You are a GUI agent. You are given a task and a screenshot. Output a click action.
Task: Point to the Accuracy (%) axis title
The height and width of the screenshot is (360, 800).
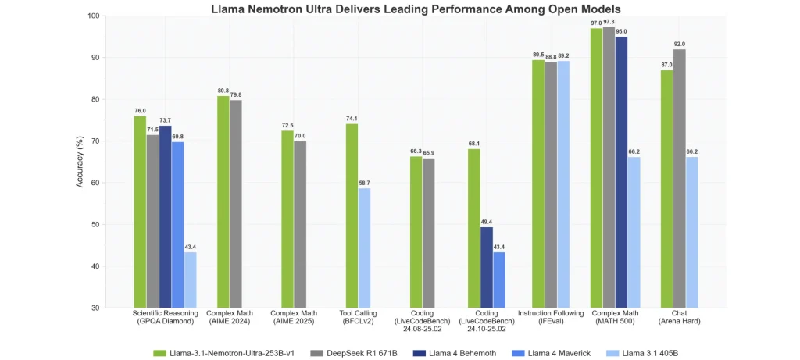(80, 162)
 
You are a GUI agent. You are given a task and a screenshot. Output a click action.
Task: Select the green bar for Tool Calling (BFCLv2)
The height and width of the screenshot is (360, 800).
(352, 216)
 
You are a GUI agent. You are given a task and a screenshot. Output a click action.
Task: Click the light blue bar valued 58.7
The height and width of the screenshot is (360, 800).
(364, 248)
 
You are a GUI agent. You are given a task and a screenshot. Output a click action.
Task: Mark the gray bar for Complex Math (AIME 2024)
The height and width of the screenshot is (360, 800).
(236, 204)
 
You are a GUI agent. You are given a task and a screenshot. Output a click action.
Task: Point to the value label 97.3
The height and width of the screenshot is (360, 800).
(609, 23)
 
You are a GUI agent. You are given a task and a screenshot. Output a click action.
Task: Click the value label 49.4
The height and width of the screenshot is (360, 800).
(486, 222)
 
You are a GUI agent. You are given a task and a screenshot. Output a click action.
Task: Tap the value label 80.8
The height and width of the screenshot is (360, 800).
(223, 91)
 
